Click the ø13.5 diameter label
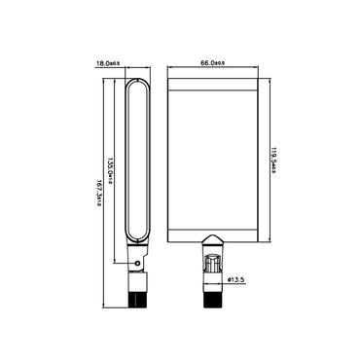pyautogui.click(x=238, y=280)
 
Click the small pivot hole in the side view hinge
pyautogui.click(x=138, y=261)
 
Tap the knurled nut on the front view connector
pyautogui.click(x=213, y=265)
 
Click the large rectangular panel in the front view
pyautogui.click(x=213, y=156)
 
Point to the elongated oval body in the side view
pyautogui.click(x=137, y=165)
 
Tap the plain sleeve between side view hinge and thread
pyautogui.click(x=137, y=276)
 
